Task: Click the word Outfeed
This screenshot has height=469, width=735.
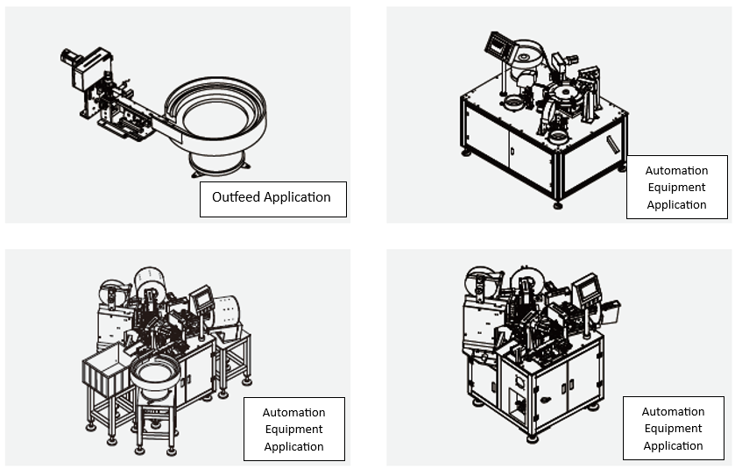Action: pyautogui.click(x=237, y=197)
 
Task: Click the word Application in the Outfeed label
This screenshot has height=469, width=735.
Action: pyautogui.click(x=297, y=197)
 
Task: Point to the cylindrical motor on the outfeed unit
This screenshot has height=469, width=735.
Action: pyautogui.click(x=71, y=59)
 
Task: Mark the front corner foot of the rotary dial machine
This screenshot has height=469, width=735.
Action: pyautogui.click(x=558, y=205)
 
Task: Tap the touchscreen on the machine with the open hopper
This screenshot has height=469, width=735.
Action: pyautogui.click(x=202, y=299)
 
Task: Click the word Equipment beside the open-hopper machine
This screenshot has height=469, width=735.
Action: pyautogui.click(x=294, y=430)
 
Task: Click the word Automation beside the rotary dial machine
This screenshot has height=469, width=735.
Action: pyautogui.click(x=676, y=171)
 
